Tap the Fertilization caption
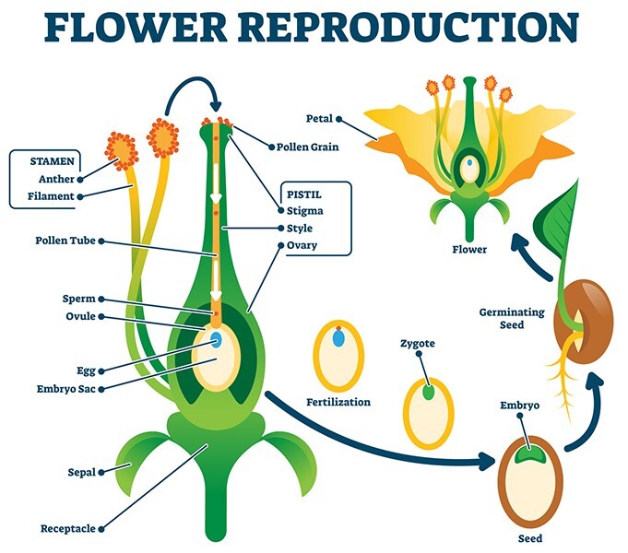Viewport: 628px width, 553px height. click(338, 402)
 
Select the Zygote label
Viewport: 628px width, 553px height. click(417, 344)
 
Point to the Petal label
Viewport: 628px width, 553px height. click(319, 119)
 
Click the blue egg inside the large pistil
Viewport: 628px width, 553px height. click(217, 339)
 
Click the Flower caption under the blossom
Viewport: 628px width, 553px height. click(469, 249)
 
